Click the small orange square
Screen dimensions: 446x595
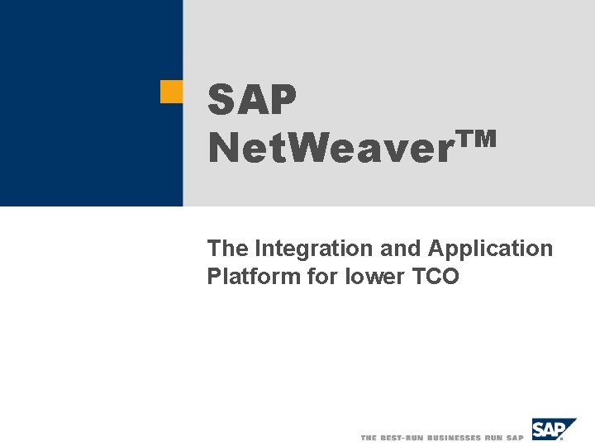[171, 92]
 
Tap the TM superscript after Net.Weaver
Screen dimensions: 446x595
[477, 139]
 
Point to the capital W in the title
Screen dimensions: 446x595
[312, 149]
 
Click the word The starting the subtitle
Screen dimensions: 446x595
[229, 248]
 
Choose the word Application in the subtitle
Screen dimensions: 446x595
[490, 249]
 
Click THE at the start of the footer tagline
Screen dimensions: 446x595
[369, 437]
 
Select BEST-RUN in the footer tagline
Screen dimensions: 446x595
[401, 437]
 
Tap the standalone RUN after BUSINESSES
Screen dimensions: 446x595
[496, 437]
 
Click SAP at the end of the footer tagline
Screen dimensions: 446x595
[516, 437]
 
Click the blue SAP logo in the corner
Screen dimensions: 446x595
[553, 429]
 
